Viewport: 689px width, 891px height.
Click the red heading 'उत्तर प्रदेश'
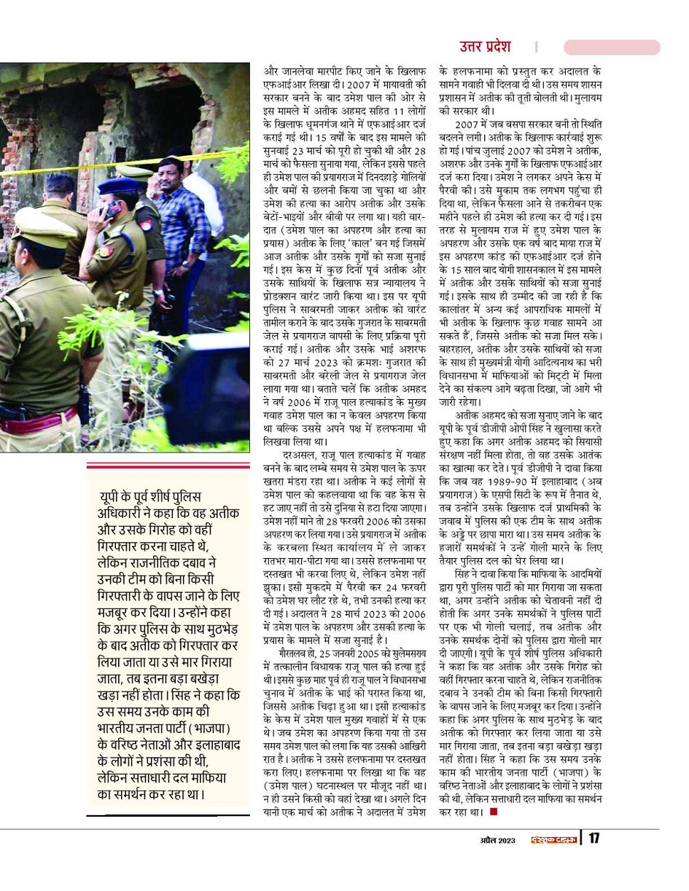point(485,47)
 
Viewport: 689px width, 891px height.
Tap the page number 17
point(594,838)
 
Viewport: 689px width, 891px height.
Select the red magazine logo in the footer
point(553,839)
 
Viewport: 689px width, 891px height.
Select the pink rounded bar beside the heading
point(612,47)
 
